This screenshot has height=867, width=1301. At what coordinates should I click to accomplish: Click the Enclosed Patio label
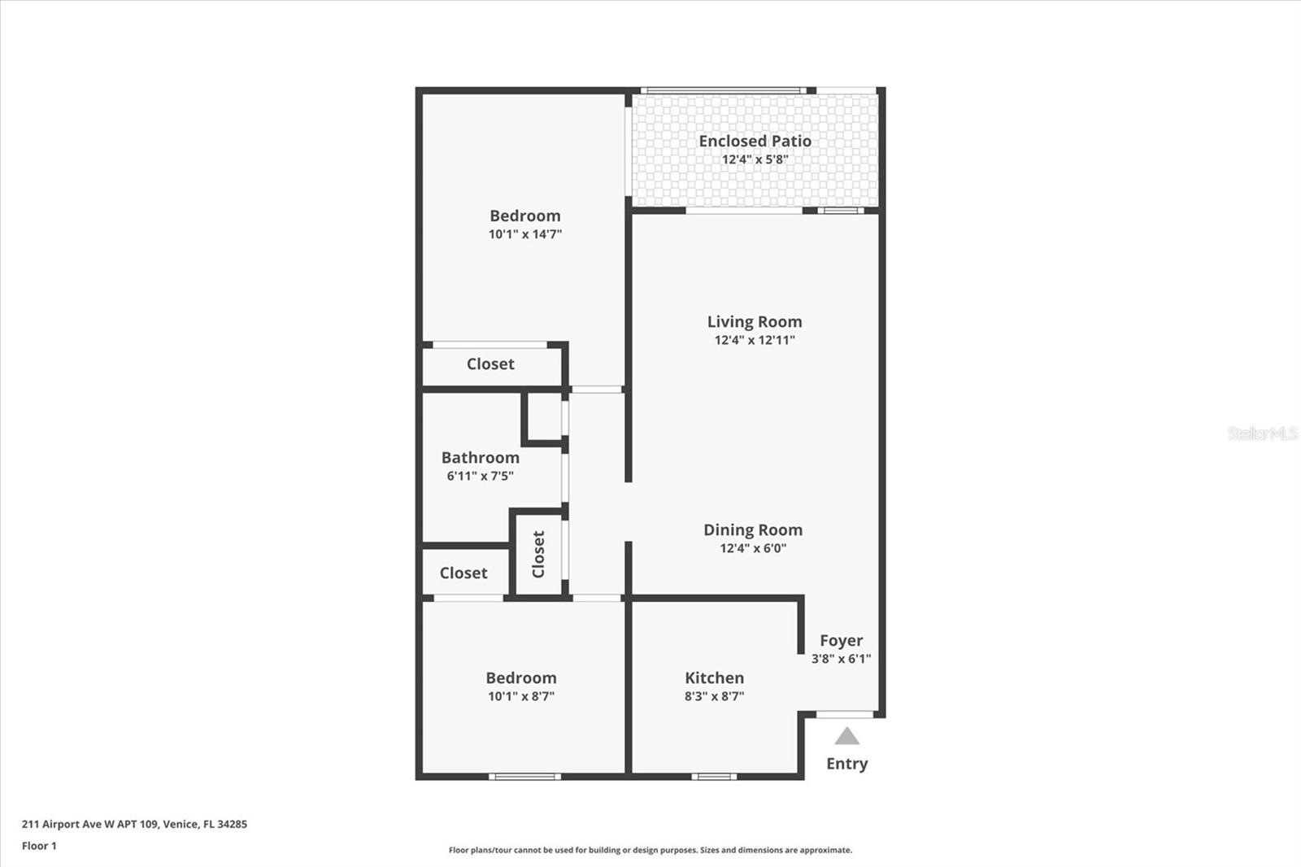coord(755,142)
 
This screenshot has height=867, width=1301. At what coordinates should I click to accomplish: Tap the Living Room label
coord(755,321)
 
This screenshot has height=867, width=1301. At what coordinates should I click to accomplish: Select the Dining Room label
coord(753,530)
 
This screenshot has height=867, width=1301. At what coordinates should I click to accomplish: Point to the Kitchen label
coord(714,678)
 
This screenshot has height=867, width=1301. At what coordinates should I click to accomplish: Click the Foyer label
coord(841,641)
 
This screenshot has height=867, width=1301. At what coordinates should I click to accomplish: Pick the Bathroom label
coord(481,458)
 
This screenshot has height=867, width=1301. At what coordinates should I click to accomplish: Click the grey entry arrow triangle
coord(846,736)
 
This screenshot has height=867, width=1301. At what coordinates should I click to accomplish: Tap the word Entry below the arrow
coord(846,764)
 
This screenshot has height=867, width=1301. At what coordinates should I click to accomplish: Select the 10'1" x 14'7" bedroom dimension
coord(525,234)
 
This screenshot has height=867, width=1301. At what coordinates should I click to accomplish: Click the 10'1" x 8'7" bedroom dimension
coord(521,696)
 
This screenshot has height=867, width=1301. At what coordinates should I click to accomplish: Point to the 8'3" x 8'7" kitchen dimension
coord(714,696)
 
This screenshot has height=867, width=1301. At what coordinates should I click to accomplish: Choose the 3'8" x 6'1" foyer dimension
coord(841,659)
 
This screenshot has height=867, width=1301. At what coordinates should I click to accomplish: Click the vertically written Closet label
coord(538,555)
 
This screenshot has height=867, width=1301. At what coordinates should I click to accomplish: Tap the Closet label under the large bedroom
coord(490,364)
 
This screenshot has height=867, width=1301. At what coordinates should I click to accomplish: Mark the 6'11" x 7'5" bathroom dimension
coord(480,476)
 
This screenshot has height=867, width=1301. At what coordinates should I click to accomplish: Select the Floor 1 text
coord(39,846)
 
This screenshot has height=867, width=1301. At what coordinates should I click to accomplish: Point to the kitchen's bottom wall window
coord(714,777)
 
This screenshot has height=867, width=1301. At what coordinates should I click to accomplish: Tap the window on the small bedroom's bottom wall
coord(524,777)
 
